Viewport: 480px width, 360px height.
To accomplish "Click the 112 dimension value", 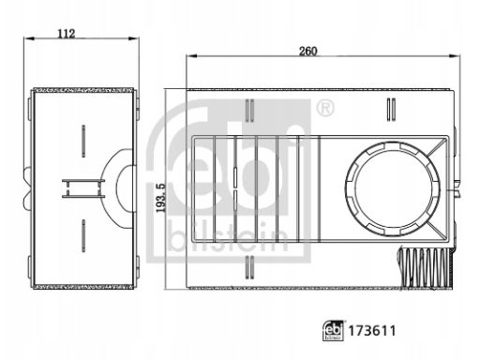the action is click(x=67, y=34).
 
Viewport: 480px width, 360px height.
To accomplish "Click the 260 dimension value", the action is click(x=308, y=51).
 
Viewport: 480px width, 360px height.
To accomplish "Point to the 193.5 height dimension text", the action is click(x=160, y=198).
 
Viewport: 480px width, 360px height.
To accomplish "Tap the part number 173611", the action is click(x=372, y=331).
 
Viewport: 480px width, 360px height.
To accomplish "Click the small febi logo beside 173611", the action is click(x=333, y=330).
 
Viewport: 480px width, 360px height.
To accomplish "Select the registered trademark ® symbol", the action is click(x=325, y=108).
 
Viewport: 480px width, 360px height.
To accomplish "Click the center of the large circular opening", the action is click(x=393, y=189).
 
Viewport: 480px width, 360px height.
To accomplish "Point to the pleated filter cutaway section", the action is click(x=426, y=266).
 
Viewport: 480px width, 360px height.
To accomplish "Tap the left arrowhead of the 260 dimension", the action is click(x=191, y=56).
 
